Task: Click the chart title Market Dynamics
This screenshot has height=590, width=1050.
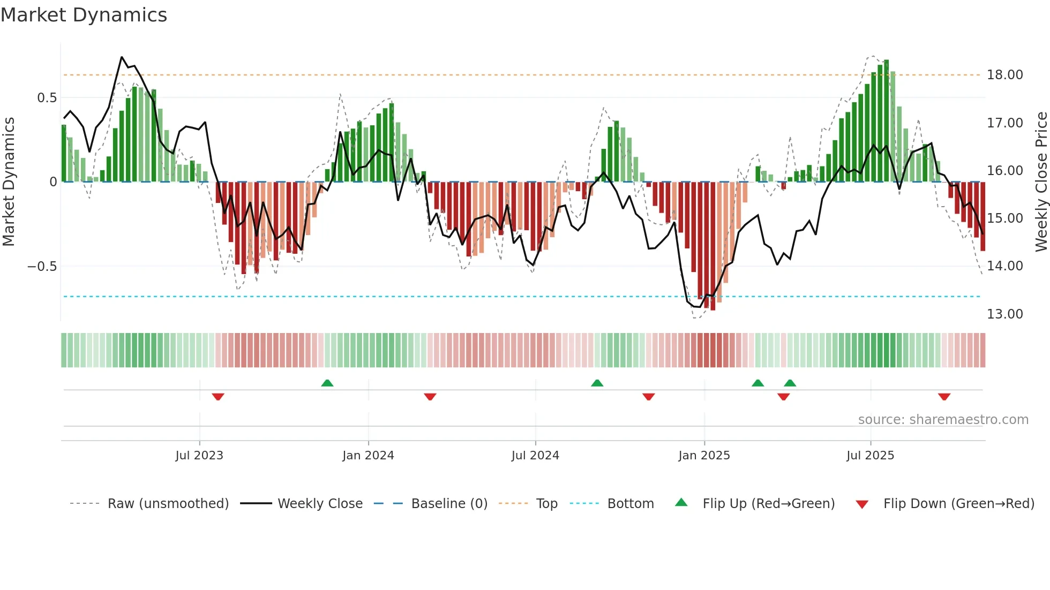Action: (84, 15)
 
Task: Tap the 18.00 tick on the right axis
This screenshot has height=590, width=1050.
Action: (1004, 75)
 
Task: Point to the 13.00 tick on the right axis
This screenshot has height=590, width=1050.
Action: (1004, 314)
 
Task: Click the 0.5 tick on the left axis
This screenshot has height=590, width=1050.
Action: (47, 98)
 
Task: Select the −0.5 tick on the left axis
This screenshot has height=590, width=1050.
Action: (42, 267)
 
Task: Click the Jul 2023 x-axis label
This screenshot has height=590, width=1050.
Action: (199, 456)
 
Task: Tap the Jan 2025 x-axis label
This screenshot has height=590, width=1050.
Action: (704, 456)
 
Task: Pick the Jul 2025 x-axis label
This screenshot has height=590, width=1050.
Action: (870, 456)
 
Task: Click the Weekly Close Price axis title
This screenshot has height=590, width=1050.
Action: (1041, 182)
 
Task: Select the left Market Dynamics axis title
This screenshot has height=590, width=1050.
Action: (9, 182)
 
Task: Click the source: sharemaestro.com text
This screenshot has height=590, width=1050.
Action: (943, 420)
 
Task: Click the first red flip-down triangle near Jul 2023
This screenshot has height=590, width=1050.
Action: (218, 397)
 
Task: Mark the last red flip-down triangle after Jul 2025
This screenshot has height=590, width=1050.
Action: (944, 397)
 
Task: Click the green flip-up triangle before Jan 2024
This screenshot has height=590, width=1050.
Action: (327, 383)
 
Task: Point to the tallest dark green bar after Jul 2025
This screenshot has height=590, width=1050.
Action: (886, 120)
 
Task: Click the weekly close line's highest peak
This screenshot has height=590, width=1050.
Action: (122, 57)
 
